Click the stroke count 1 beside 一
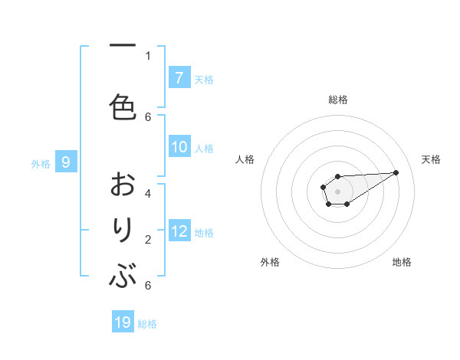148,55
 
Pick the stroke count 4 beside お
148,193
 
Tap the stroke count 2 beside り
148,239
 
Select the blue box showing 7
179,78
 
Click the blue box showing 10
179,148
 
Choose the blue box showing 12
179,231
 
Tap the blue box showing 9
66,162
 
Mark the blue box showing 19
123,322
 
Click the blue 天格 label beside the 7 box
204,79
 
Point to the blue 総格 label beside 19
147,324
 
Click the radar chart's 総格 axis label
337,100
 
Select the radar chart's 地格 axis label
402,262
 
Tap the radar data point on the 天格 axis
396,172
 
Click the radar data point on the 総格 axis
337,177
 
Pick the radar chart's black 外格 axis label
270,262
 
